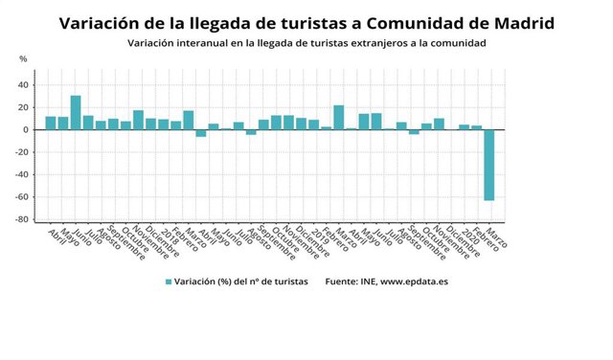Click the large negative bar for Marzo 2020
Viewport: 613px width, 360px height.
pyautogui.click(x=489, y=165)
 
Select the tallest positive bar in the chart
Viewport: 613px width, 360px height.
pyautogui.click(x=76, y=112)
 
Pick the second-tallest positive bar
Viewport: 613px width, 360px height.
pyautogui.click(x=339, y=117)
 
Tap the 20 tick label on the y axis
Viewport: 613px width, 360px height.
pyautogui.click(x=25, y=107)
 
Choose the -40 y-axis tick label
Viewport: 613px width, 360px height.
pyautogui.click(x=23, y=174)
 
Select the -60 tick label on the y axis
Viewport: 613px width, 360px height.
pyautogui.click(x=23, y=197)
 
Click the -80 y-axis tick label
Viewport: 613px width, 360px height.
pyautogui.click(x=23, y=219)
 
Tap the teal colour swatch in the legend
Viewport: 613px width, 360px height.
pyautogui.click(x=169, y=281)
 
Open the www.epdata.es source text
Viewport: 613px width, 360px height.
pyautogui.click(x=418, y=281)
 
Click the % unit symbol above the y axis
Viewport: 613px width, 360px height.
pyautogui.click(x=24, y=59)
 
